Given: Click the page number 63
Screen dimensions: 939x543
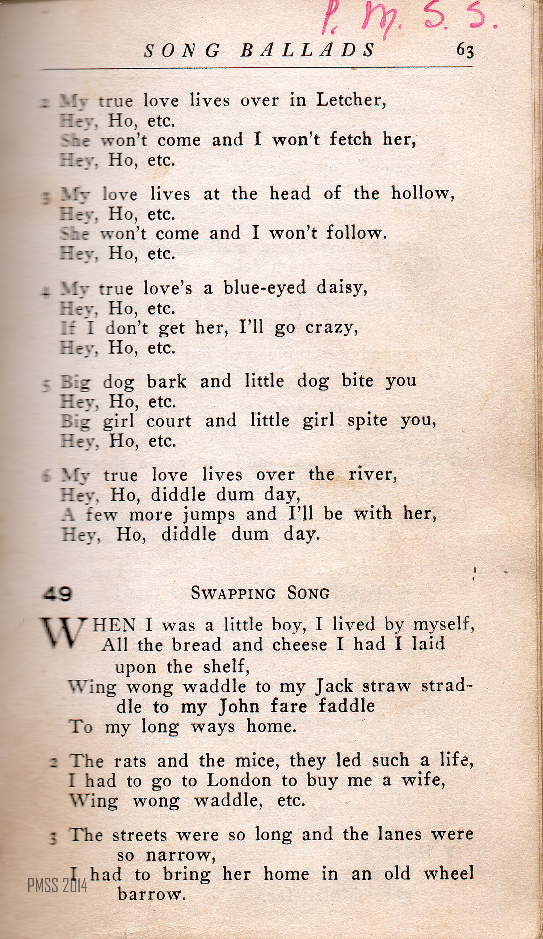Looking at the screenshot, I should click(465, 50).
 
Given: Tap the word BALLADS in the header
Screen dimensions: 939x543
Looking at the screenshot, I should click(307, 50).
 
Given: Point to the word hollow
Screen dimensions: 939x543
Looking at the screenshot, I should click(422, 193).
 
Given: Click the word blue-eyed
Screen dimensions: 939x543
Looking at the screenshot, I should click(264, 287).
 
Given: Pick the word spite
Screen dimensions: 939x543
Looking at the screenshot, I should click(367, 420).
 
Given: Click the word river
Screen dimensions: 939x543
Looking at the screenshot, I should click(372, 474).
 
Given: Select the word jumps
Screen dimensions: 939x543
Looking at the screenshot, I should click(209, 515).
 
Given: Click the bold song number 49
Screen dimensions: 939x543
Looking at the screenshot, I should click(57, 593).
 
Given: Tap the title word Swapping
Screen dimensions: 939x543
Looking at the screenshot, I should click(233, 593).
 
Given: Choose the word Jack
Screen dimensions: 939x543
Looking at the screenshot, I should click(334, 686).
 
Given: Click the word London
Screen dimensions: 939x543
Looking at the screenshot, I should click(239, 780).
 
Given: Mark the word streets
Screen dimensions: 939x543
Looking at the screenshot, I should click(139, 835).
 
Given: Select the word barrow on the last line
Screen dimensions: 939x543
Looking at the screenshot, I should click(151, 893).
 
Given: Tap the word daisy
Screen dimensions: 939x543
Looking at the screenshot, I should click(342, 288).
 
